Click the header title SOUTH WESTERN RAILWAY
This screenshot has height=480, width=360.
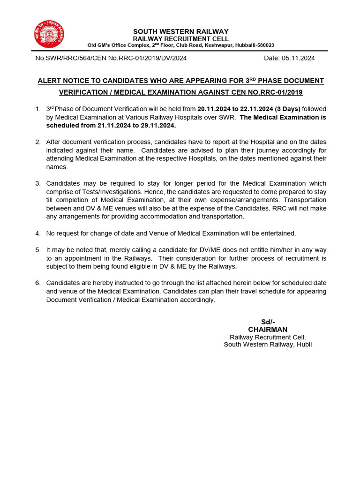click(180, 31)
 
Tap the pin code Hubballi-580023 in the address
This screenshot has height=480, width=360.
click(254, 45)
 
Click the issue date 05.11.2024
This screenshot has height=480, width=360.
click(299, 58)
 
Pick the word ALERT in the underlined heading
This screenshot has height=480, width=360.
click(48, 81)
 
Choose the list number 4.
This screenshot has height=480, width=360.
click(37, 233)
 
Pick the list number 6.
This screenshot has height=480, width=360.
click(37, 283)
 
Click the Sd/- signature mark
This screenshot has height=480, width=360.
click(268, 322)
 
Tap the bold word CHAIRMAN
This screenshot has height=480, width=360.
click(268, 330)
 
